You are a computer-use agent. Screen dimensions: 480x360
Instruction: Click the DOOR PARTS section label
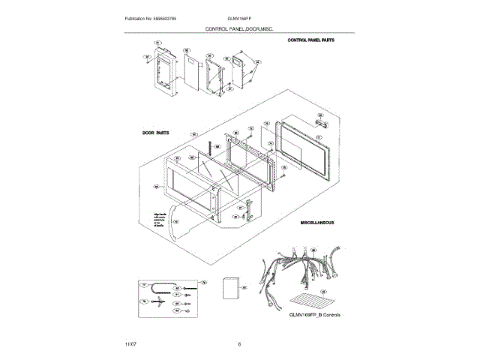(x=155, y=132)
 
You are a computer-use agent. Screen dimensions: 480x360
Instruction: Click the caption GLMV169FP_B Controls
(x=314, y=314)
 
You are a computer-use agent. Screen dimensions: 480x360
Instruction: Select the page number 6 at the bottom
(x=238, y=343)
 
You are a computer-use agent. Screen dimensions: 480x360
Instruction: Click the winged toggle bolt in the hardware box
(x=160, y=302)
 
